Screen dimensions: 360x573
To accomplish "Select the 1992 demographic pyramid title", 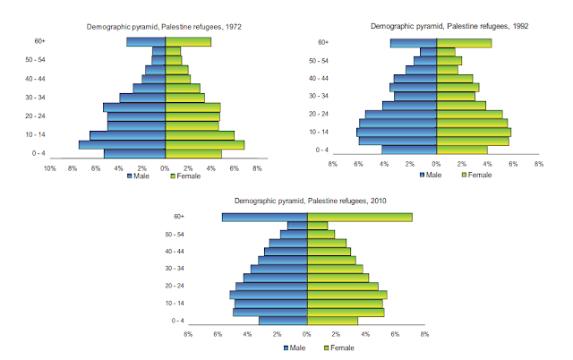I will click(x=438, y=26).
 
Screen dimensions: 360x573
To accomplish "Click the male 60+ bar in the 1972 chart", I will click(x=146, y=41).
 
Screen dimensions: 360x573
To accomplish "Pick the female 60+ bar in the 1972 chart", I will click(x=188, y=41).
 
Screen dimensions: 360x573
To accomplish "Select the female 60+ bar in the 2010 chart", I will click(x=359, y=217).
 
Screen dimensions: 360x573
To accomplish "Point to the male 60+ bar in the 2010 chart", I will click(x=265, y=217).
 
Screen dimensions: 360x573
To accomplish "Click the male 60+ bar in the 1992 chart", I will click(x=413, y=43).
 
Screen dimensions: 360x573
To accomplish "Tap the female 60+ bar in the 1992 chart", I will click(x=464, y=43).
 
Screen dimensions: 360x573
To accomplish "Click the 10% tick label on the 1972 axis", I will click(x=50, y=167).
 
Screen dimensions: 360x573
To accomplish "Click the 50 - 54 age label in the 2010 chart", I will click(x=175, y=234).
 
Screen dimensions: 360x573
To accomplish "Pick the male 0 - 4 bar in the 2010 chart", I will click(x=283, y=321).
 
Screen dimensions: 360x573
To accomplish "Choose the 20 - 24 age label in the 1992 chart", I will click(x=319, y=114).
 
